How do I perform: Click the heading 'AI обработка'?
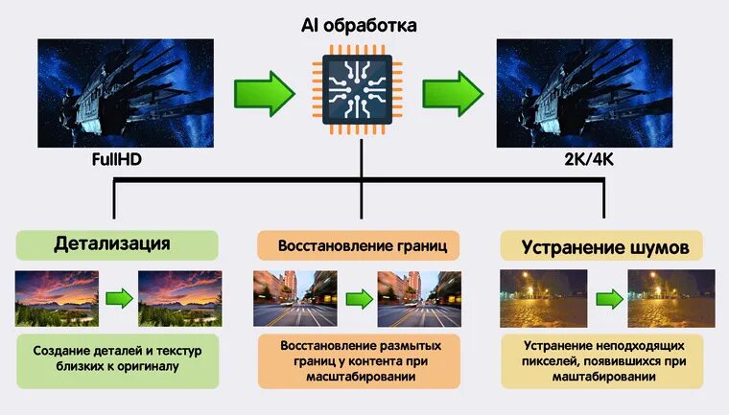pos(361,25)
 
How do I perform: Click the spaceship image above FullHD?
pos(112,93)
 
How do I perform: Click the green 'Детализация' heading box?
pos(112,243)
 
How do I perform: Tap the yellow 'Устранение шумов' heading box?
pos(604,247)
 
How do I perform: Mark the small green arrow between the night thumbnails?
pos(609,298)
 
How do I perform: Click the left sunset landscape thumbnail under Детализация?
pos(57,298)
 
